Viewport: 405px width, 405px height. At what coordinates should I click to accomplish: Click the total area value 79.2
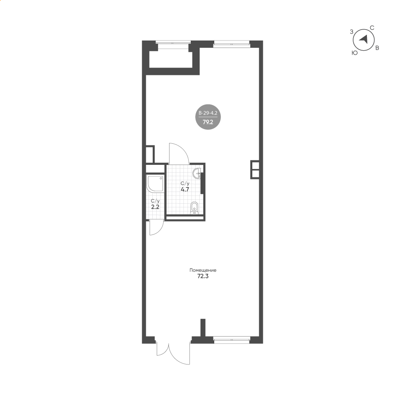[208, 122]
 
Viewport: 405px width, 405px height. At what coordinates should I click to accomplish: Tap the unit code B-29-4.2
[208, 113]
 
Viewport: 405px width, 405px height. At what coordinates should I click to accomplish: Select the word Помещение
[203, 270]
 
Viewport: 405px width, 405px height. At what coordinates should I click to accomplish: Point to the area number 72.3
[203, 276]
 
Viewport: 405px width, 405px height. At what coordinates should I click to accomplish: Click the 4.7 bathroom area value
[185, 189]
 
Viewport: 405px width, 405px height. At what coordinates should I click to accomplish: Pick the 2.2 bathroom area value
[155, 207]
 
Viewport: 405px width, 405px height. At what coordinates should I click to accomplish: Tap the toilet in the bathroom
[194, 208]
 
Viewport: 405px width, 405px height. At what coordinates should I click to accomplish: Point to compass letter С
[372, 28]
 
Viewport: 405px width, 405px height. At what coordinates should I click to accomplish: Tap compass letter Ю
[355, 53]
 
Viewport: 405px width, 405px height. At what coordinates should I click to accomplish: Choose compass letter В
[377, 48]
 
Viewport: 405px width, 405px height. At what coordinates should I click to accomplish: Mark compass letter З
[351, 32]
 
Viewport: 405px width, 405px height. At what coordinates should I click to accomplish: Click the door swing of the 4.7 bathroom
[179, 153]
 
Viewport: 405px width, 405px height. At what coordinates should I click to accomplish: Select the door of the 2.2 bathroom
[156, 228]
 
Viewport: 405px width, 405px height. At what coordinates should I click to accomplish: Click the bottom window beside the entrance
[232, 340]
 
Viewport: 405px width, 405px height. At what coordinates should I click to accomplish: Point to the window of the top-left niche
[173, 45]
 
